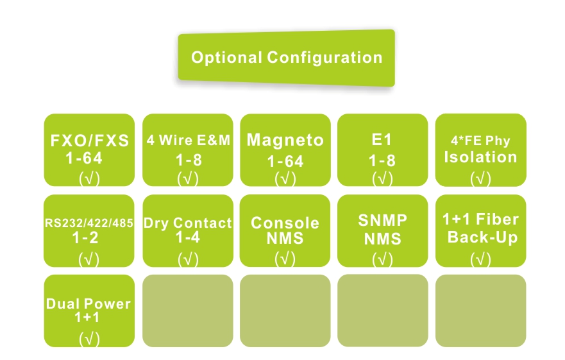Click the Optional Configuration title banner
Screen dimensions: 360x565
287,58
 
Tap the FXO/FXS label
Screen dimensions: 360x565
89,141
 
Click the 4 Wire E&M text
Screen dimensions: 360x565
187,141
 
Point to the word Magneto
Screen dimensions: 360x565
285,140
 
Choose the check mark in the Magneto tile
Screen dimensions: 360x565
285,179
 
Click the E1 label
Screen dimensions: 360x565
382,139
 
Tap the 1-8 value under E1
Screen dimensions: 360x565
382,160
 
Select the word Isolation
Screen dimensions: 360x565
480,157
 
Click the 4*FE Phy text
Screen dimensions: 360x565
480,141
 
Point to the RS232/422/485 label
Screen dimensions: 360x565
89,224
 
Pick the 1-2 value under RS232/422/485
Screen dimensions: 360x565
89,237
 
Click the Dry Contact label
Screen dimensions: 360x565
187,223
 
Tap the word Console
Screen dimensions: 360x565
285,223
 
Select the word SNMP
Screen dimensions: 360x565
382,221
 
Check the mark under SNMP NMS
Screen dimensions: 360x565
382,259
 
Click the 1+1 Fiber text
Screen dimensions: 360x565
480,219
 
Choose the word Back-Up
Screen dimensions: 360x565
480,237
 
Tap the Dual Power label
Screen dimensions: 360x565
89,304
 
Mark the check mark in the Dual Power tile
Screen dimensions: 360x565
89,339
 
